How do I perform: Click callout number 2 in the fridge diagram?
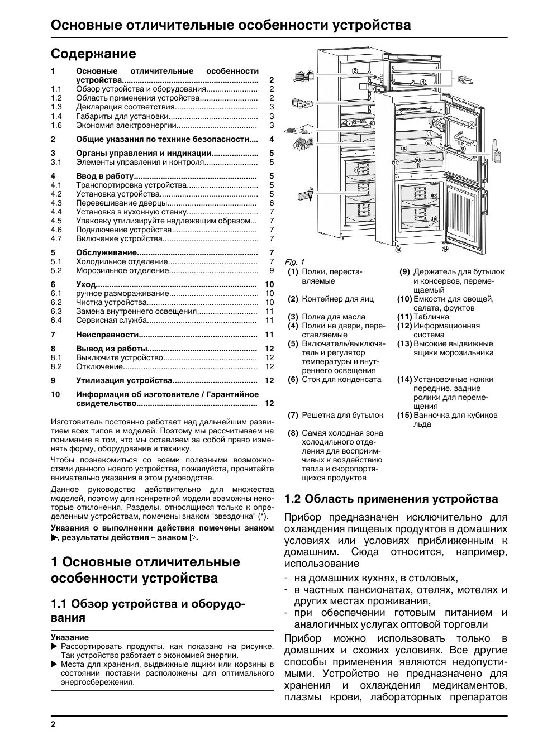point(355,71)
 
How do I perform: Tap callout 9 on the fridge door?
point(463,150)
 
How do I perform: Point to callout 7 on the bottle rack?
point(348,122)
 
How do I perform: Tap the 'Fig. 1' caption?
point(294,262)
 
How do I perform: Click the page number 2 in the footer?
point(53,724)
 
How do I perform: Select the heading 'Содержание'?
point(93,54)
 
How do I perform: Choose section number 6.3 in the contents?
point(56,311)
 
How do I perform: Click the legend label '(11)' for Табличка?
point(404,317)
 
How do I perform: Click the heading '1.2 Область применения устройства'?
point(391,498)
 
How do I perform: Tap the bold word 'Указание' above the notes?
point(70,637)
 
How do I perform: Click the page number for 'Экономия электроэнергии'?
point(272,125)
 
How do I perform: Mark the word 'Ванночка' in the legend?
point(431,415)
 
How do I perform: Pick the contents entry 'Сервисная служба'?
point(112,320)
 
